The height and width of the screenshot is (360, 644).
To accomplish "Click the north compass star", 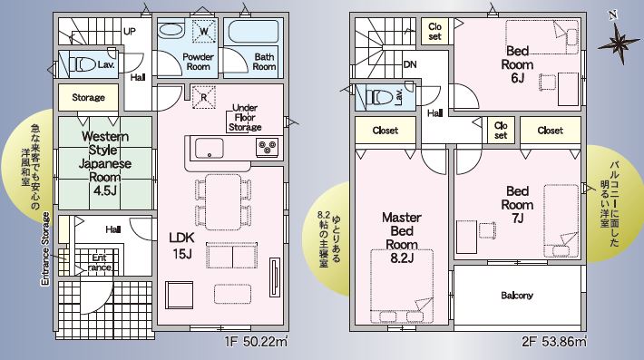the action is (x=619, y=43).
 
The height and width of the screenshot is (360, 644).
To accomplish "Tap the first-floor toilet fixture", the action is (x=83, y=64).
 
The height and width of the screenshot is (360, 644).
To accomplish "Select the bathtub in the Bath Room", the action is (x=253, y=32).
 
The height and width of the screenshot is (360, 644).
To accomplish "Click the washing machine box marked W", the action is (x=204, y=31).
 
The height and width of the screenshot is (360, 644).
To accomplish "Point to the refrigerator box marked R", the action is (x=204, y=97).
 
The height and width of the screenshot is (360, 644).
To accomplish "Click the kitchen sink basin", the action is (x=209, y=148).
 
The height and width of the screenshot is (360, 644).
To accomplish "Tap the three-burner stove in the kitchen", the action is (x=268, y=148).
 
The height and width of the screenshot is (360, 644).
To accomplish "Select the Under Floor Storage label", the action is (x=245, y=117).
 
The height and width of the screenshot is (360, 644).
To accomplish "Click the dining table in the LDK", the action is (x=223, y=202).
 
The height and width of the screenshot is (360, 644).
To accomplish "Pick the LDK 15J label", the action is (x=182, y=246).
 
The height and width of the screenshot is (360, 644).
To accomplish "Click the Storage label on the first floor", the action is (x=88, y=97).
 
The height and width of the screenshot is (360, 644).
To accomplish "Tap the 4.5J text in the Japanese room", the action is (x=104, y=190).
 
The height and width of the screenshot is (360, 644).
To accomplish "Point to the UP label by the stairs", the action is (x=130, y=31).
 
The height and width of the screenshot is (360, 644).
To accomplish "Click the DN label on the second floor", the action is (x=410, y=64).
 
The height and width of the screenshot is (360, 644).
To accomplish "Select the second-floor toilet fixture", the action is (x=379, y=98).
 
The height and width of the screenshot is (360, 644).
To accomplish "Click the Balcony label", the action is (x=517, y=295).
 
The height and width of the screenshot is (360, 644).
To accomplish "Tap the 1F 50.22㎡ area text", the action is (x=256, y=342).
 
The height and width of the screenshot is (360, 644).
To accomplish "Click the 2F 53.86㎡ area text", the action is (x=554, y=342).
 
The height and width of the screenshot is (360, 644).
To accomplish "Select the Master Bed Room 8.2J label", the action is (x=402, y=238).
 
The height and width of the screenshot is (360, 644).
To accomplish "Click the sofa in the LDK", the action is (x=232, y=256).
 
